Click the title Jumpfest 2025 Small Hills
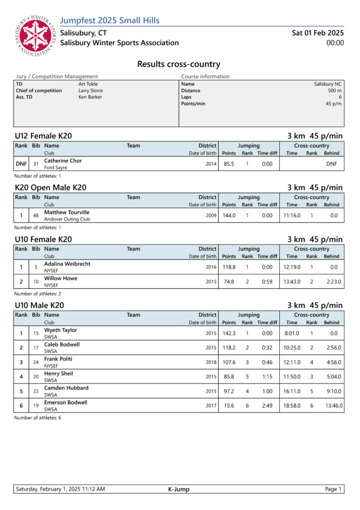110,20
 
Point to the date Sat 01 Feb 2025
318,33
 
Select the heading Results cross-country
179,64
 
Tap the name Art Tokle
88,84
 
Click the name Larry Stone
91,91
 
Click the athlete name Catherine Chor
63,161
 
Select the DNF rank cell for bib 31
21,164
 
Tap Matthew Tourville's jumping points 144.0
229,216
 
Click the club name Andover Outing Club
67,219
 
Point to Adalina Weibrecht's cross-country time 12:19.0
292,267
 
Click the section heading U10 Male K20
39,305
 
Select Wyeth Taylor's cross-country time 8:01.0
292,333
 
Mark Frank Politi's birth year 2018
211,362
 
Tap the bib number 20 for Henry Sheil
36,377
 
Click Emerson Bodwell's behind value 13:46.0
332,405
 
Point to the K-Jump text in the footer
179,489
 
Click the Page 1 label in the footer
333,489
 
